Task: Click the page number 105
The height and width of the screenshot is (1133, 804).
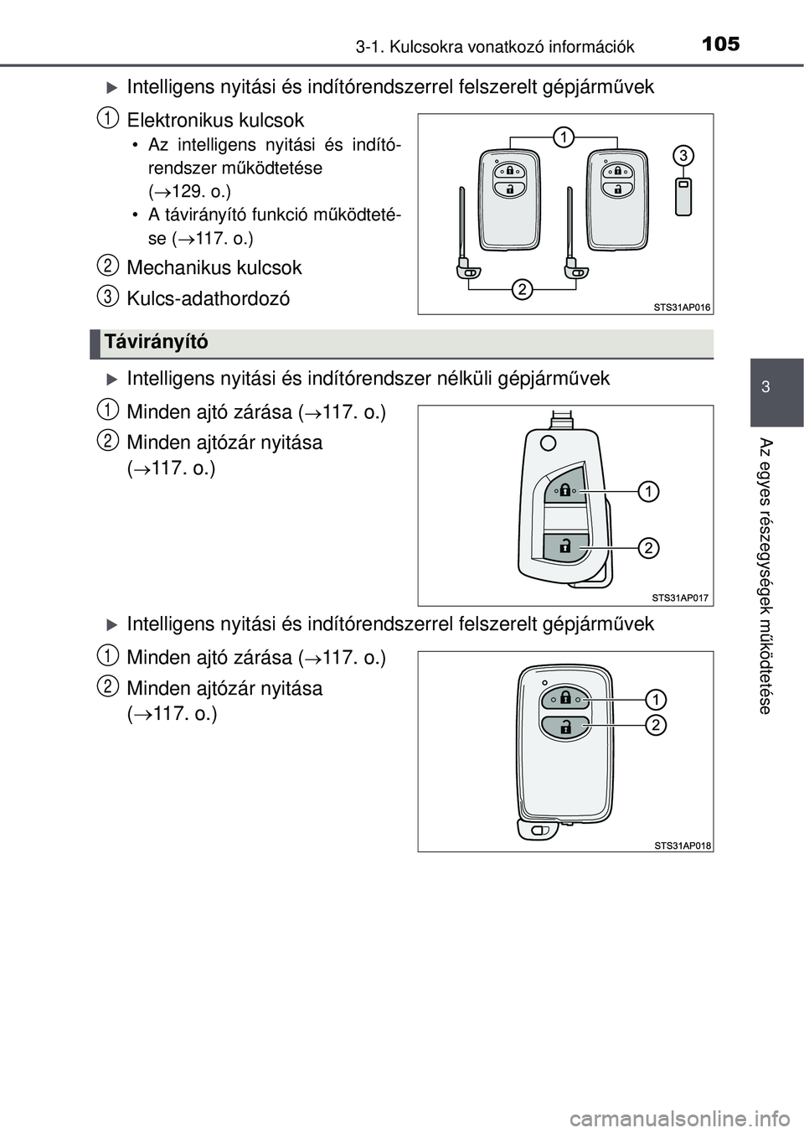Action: click(720, 44)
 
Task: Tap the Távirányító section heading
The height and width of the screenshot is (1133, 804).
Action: click(155, 343)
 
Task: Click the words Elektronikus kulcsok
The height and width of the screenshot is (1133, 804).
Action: click(216, 121)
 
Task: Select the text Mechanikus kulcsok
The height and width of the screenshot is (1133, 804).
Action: click(214, 267)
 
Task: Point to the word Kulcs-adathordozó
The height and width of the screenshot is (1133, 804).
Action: click(209, 298)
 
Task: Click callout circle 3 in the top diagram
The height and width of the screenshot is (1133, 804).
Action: click(683, 155)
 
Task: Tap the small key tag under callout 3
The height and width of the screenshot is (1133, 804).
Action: click(683, 197)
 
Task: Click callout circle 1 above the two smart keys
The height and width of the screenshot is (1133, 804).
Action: click(563, 137)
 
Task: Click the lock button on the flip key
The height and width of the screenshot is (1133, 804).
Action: click(565, 489)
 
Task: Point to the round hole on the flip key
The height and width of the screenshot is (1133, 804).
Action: click(547, 443)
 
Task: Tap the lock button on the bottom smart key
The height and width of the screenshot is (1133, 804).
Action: click(565, 699)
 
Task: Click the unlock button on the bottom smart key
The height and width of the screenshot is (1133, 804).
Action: click(565, 727)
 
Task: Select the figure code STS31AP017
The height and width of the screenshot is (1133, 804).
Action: click(680, 598)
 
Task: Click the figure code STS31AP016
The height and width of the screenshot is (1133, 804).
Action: click(682, 307)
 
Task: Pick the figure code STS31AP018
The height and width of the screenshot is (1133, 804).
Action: click(683, 844)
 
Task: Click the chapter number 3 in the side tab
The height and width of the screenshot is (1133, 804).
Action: click(766, 387)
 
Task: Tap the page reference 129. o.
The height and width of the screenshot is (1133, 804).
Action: click(194, 191)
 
